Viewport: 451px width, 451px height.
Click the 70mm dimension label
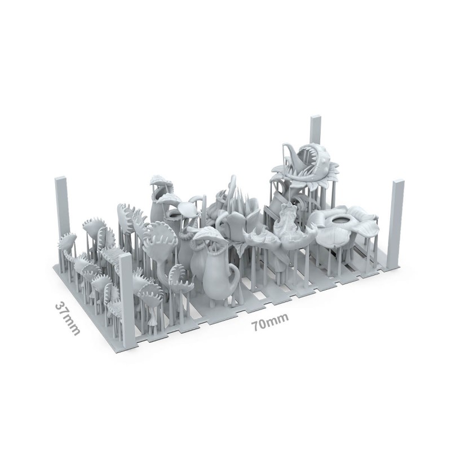pos(269,321)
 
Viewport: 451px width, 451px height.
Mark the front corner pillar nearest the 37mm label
pos(126,297)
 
